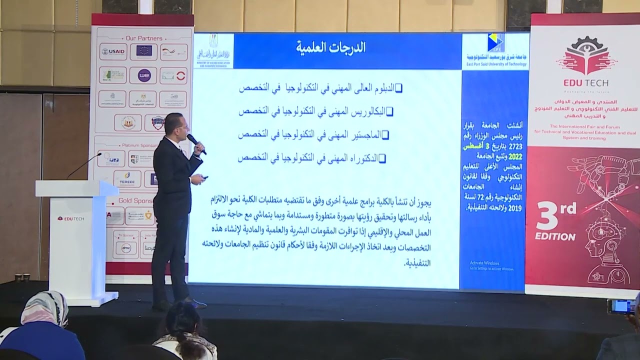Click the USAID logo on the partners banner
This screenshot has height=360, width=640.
(x=112, y=51)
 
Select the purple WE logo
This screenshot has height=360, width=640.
(x=144, y=75)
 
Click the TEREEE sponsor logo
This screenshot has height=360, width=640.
(x=127, y=178)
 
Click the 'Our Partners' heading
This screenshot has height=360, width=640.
(x=144, y=38)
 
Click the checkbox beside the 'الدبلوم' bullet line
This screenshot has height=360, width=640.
(x=398, y=88)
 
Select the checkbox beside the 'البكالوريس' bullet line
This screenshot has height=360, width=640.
(x=390, y=112)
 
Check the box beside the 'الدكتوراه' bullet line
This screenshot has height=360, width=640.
(x=382, y=158)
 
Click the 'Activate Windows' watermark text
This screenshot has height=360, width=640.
(x=484, y=262)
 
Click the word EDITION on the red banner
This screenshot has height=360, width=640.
(x=555, y=236)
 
